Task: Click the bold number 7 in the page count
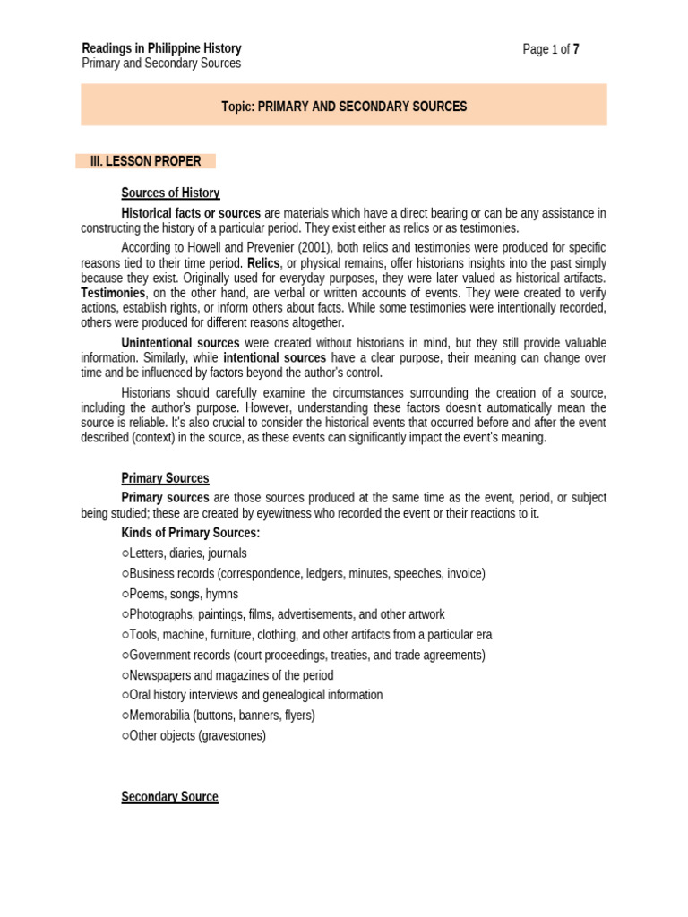[576, 49]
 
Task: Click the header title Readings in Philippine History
[161, 48]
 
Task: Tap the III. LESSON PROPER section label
[145, 161]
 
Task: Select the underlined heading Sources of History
[170, 193]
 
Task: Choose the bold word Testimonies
[113, 293]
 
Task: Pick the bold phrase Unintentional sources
[180, 343]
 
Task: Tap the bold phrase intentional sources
[274, 358]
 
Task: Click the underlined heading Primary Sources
[165, 478]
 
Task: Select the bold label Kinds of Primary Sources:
[191, 533]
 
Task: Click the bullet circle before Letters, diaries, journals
[125, 553]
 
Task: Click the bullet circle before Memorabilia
[125, 716]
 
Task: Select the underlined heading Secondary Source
[169, 796]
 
